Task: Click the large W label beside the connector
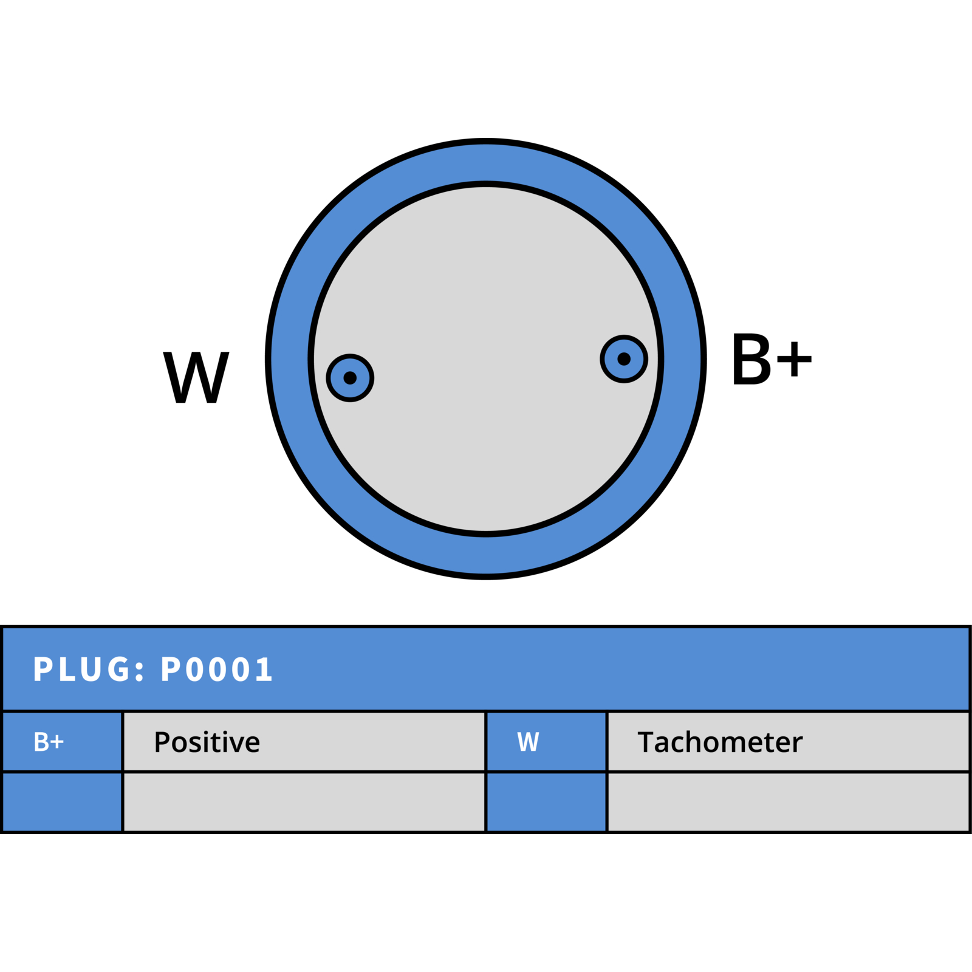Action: click(196, 377)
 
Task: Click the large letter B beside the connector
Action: click(751, 358)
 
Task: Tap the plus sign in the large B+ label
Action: click(794, 359)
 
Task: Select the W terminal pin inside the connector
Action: click(350, 378)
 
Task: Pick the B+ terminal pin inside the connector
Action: click(624, 359)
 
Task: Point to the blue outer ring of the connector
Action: click(486, 161)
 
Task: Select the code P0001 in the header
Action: click(216, 669)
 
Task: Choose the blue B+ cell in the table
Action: click(62, 741)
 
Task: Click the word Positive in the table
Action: click(207, 742)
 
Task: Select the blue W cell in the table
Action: click(546, 741)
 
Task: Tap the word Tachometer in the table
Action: click(720, 742)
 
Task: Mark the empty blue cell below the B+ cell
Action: click(62, 802)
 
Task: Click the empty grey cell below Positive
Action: click(304, 802)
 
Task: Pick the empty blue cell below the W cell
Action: click(546, 802)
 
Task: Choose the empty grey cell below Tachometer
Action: click(788, 802)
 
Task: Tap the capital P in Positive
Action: click(162, 742)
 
